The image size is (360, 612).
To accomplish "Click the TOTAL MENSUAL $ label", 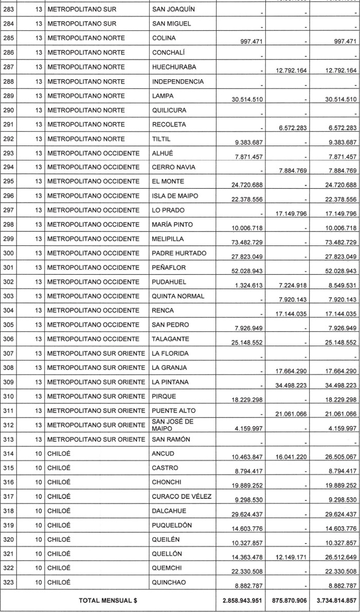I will tap(108, 599).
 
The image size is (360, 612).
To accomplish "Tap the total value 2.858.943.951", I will tap(240, 599).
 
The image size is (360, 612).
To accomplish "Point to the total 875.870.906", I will tap(290, 599).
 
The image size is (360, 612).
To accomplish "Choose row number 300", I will tap(9, 253).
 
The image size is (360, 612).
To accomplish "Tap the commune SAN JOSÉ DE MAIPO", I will tap(172, 425).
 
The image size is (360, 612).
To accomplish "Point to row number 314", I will tap(9, 454).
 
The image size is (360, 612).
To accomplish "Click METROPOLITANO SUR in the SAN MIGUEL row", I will tap(82, 24).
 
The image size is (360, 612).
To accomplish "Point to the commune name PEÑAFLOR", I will tap(169, 267).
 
